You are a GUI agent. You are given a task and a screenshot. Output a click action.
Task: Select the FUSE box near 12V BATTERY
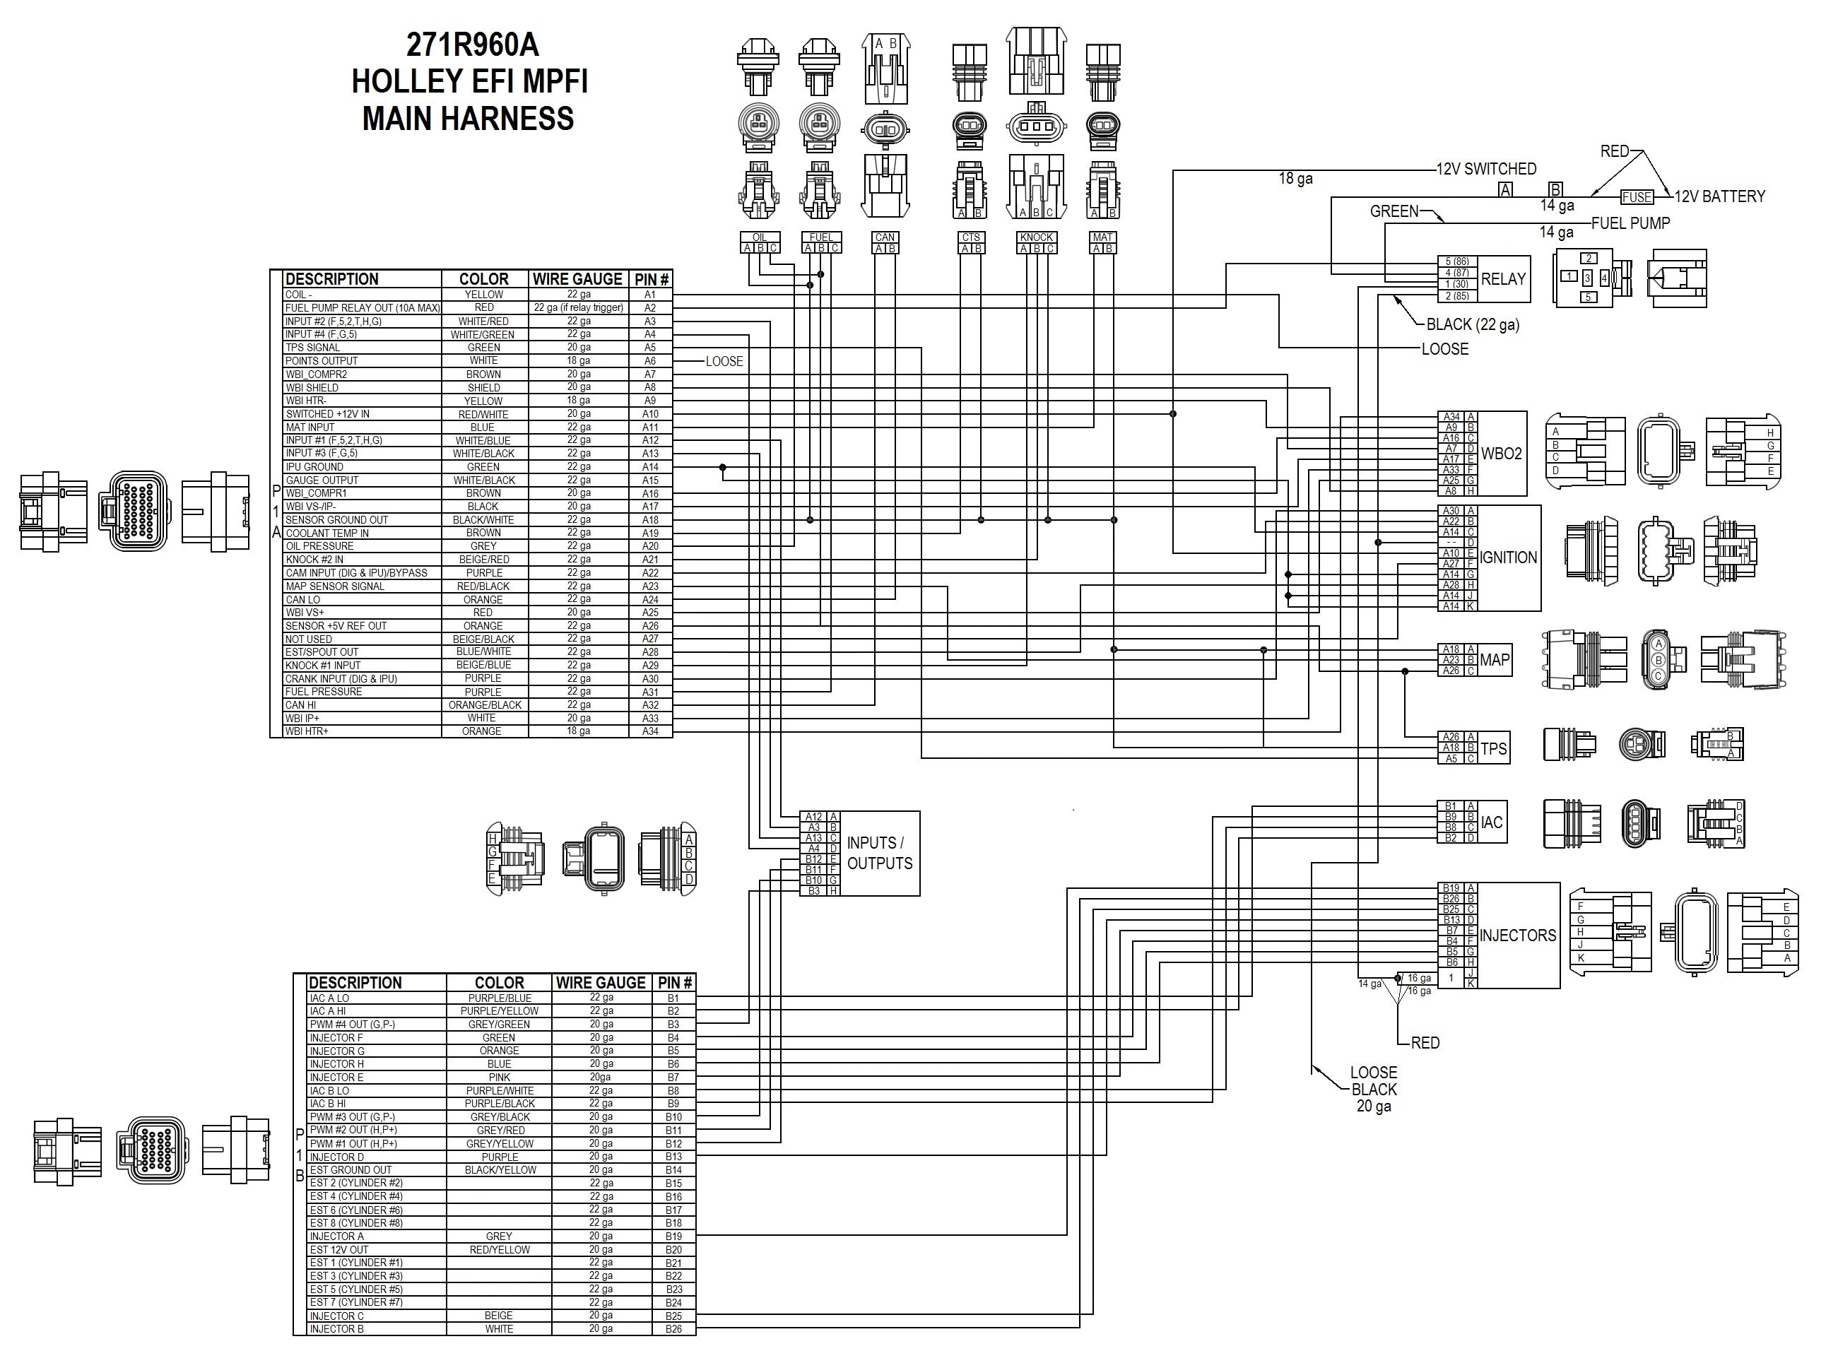point(1636,197)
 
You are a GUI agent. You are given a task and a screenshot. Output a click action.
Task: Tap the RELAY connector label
point(1503,279)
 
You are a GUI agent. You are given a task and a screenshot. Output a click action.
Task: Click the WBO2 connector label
point(1501,453)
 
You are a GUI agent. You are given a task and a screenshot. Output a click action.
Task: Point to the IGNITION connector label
point(1508,557)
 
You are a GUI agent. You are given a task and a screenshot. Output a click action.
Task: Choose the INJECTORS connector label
point(1517,935)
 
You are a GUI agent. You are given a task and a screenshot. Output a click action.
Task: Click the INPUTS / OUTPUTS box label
point(879,853)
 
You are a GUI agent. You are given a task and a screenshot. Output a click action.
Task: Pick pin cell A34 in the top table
point(650,731)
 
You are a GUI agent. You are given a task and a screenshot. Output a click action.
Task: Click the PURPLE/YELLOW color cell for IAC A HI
point(499,1010)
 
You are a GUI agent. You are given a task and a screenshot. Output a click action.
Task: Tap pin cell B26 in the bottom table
point(674,1329)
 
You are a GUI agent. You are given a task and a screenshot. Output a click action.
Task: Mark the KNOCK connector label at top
point(1036,237)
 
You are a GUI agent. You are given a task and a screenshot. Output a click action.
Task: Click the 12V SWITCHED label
point(1486,169)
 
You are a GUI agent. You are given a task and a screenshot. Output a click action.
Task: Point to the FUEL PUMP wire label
point(1630,223)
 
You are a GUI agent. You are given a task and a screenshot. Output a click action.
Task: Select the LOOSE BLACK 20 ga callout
point(1374,1089)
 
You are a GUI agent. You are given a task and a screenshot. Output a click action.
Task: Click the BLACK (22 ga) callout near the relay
point(1473,324)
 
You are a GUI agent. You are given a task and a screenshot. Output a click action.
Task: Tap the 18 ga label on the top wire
point(1295,178)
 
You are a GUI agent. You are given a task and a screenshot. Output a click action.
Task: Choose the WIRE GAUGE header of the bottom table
point(600,983)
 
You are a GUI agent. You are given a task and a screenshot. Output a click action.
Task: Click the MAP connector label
point(1494,660)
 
